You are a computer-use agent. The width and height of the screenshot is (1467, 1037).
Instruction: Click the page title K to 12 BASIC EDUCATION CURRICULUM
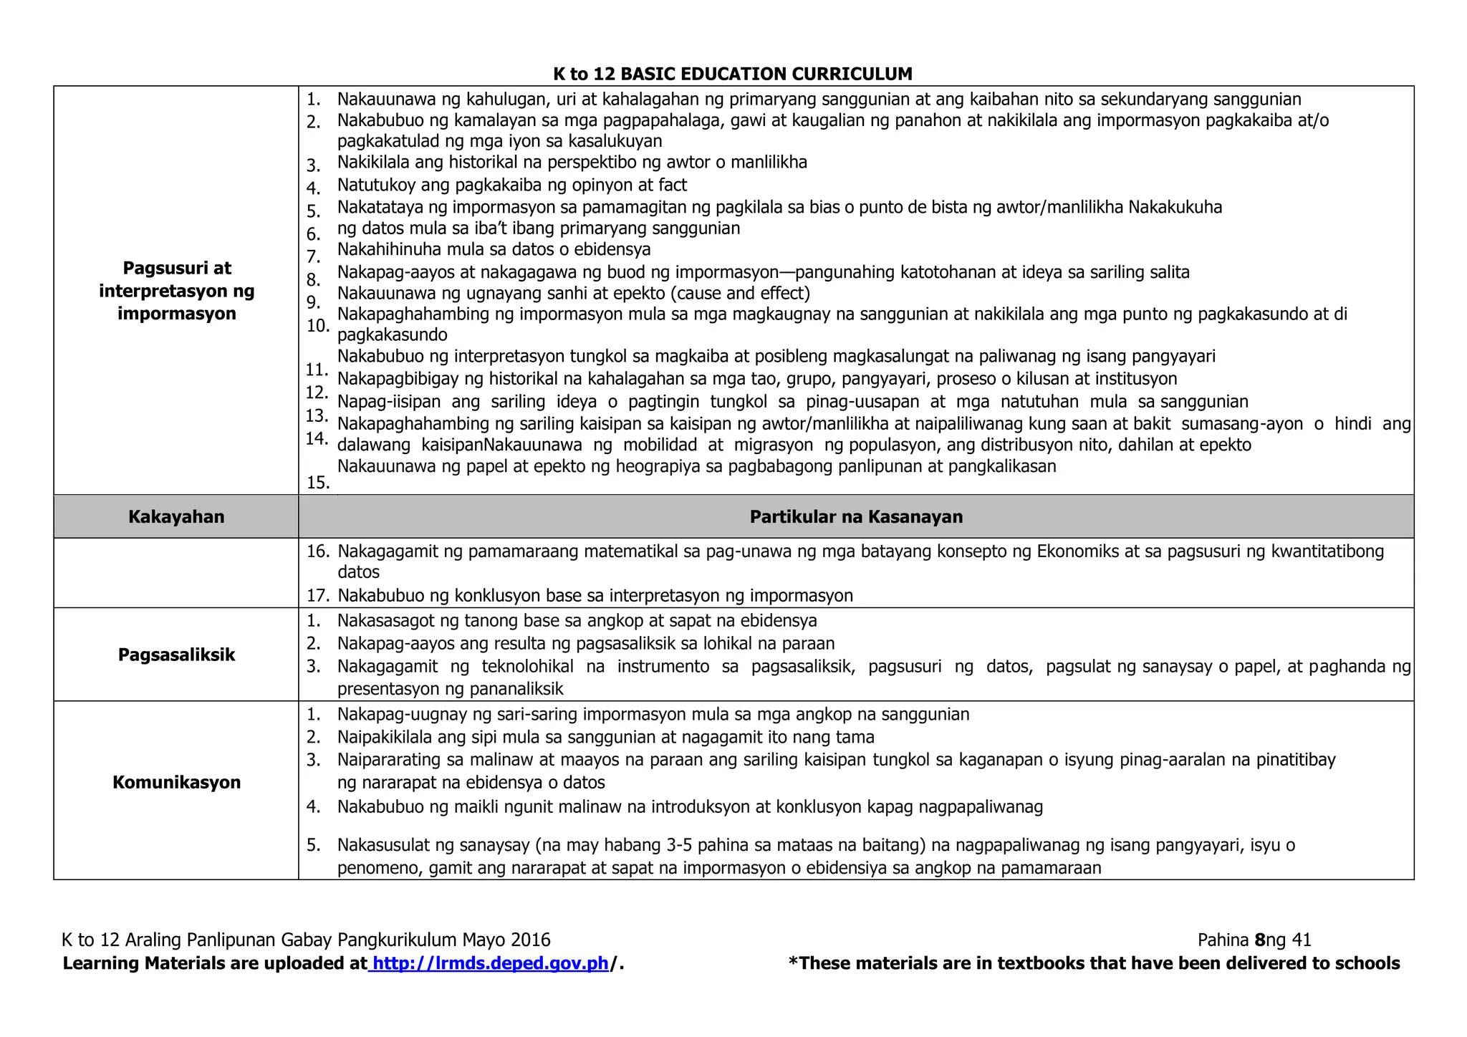[x=733, y=74]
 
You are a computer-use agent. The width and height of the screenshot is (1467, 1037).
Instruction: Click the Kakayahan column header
[x=176, y=516]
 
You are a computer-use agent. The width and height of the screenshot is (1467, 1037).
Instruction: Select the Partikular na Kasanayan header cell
[x=856, y=516]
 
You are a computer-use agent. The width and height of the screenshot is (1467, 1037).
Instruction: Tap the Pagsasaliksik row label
[x=176, y=655]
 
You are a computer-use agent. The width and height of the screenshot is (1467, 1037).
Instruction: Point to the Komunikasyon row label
[x=176, y=782]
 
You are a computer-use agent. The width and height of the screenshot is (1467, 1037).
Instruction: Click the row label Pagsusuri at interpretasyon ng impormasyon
[x=176, y=290]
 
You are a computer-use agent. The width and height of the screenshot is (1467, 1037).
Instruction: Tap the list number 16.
[x=317, y=551]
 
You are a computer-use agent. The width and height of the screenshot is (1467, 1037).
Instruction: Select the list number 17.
[x=317, y=596]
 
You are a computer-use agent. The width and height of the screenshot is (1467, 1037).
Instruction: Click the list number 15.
[x=317, y=483]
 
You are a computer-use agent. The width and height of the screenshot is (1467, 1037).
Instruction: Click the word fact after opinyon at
[x=672, y=185]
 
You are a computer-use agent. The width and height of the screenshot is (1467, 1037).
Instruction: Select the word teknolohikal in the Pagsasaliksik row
[x=527, y=667]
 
